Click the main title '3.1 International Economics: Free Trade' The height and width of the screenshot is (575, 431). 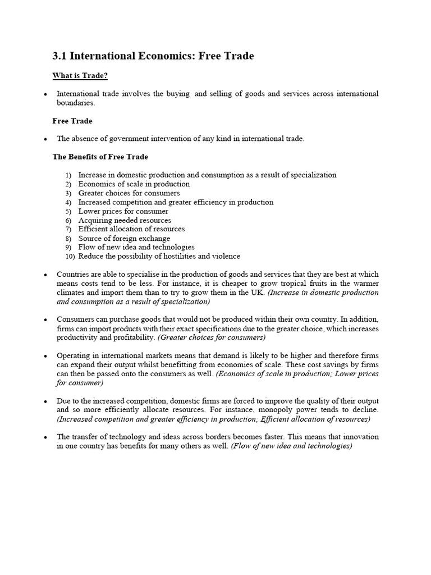pos(153,56)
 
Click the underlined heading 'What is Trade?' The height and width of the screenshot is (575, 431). pos(80,76)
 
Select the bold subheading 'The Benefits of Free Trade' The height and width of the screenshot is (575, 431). pos(100,157)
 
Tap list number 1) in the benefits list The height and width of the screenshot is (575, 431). pos(68,175)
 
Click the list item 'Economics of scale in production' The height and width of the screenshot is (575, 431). pos(134,184)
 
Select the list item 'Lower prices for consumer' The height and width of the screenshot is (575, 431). pos(123,211)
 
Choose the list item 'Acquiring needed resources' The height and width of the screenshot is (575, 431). pos(125,220)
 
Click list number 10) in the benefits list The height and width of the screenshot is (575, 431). pos(70,257)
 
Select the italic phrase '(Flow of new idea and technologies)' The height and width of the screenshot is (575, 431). pos(291,446)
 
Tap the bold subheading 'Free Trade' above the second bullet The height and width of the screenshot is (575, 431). pos(72,121)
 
